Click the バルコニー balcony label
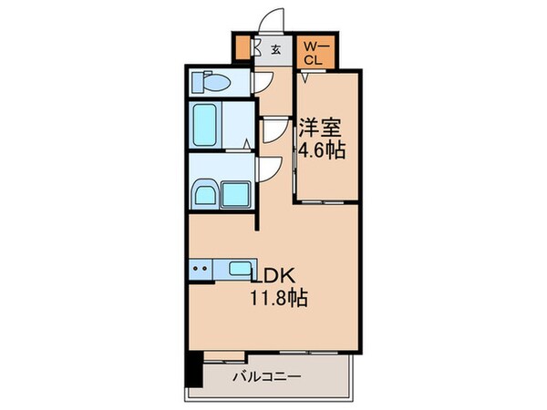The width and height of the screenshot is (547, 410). pyautogui.click(x=266, y=376)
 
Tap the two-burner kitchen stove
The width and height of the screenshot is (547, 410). pyautogui.click(x=201, y=269)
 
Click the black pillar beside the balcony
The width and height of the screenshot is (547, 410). pyautogui.click(x=193, y=366)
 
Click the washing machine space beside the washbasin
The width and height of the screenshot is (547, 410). pyautogui.click(x=239, y=193)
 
